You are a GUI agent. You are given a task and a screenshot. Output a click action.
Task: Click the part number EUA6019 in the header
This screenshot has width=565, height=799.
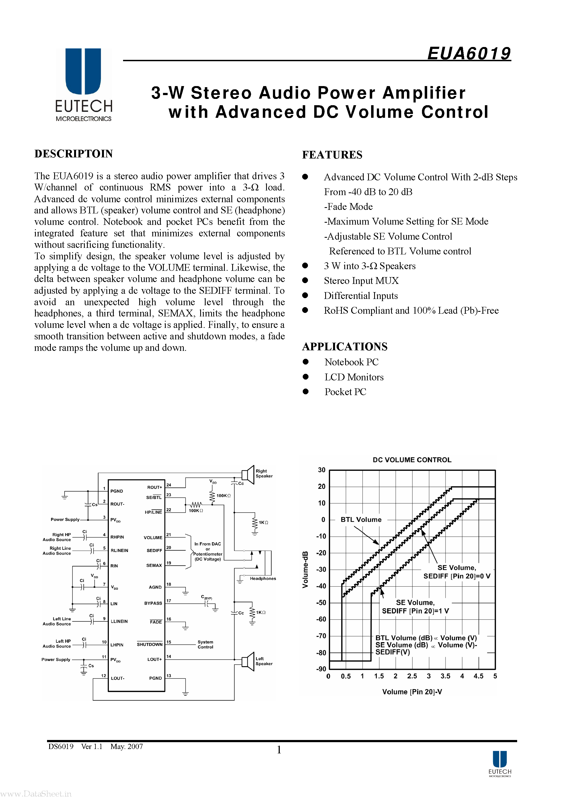tap(468, 53)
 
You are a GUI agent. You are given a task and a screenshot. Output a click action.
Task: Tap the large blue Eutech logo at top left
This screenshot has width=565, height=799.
tap(83, 71)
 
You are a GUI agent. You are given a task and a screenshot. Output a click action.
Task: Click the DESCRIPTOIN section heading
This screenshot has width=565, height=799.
tap(74, 154)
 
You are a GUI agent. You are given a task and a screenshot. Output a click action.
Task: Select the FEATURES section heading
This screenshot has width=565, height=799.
tap(332, 155)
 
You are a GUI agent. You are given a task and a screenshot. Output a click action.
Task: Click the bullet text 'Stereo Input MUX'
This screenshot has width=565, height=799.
tap(361, 281)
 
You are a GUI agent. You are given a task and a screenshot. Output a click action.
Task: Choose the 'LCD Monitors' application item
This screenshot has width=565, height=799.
tap(354, 377)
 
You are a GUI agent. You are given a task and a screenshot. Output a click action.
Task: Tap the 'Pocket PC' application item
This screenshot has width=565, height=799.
tap(345, 392)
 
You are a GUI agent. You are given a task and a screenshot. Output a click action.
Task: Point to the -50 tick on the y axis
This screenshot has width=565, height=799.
tap(322, 603)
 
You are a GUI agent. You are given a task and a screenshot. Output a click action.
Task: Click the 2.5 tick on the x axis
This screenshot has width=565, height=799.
tap(412, 676)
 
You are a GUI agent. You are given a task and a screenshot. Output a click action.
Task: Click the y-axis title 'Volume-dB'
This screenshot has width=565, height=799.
tap(305, 570)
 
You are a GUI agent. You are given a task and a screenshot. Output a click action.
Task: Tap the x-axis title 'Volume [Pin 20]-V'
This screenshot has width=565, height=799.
tap(412, 692)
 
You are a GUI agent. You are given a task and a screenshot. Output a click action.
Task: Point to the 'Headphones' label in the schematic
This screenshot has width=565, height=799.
tap(263, 579)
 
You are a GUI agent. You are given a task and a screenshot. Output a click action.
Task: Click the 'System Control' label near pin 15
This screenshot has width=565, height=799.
tap(205, 645)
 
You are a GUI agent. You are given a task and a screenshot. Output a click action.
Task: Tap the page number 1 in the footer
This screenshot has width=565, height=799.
tap(279, 750)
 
